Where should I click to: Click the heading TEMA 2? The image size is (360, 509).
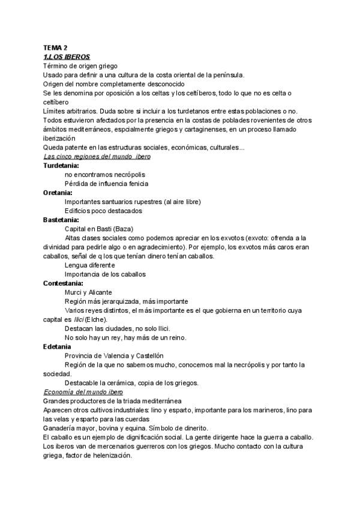pos(55,47)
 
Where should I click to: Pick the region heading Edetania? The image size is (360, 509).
pos(57,346)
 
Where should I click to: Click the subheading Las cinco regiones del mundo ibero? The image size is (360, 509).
pos(97,156)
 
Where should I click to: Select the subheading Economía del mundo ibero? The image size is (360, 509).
pos(83,391)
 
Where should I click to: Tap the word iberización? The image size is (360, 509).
pos(58,137)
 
